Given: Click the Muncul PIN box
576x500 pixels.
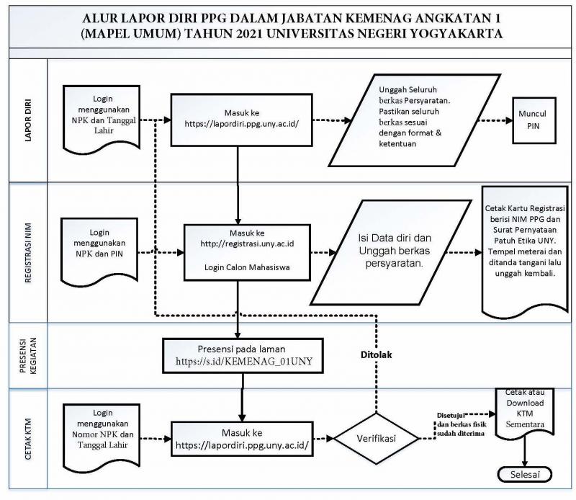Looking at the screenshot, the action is [x=534, y=120].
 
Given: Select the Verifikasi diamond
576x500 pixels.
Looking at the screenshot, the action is [x=376, y=438].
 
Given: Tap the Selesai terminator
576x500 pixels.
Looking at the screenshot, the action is [x=525, y=474].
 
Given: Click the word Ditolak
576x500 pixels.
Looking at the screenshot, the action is [x=376, y=354].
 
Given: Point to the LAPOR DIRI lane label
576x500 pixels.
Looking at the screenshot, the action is [x=28, y=120].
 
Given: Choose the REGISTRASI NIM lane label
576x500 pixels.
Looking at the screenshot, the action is [x=28, y=253].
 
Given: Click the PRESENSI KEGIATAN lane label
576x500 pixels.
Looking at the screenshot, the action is [x=28, y=355].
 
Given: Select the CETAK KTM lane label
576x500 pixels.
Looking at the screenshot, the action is [x=28, y=439].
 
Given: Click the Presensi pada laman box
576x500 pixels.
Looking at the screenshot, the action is [x=243, y=356].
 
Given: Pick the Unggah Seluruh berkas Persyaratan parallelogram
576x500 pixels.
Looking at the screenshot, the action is [x=415, y=120].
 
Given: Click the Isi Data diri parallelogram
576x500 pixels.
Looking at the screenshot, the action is [x=391, y=252].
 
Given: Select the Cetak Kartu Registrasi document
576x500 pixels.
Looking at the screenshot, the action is [x=525, y=252].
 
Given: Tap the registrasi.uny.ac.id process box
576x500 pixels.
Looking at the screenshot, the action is [x=247, y=252].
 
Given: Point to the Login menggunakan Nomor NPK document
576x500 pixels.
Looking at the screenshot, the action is [x=102, y=437].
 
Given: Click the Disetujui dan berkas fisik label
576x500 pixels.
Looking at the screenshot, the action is [x=462, y=424].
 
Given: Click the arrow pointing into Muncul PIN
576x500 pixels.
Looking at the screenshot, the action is [x=495, y=120].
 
